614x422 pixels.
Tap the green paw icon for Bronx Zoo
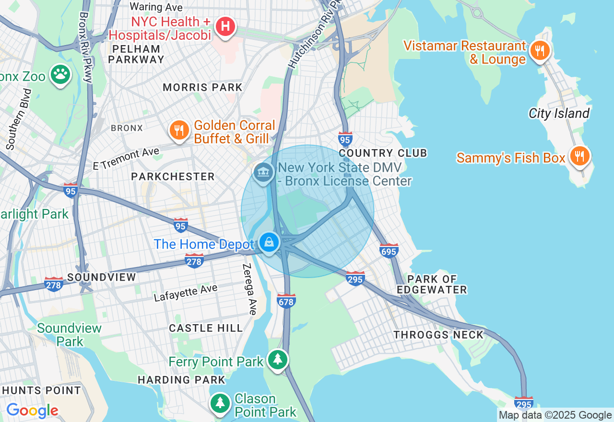(60, 74)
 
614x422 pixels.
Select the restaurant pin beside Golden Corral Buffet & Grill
(179, 130)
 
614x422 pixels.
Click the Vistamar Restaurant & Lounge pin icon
(540, 50)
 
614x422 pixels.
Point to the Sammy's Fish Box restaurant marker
(579, 156)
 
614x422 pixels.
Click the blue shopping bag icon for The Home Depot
(269, 243)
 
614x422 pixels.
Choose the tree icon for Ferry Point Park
(277, 359)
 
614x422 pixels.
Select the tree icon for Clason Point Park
(220, 403)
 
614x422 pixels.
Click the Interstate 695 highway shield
(389, 250)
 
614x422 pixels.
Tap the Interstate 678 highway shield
(286, 301)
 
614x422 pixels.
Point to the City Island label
(559, 114)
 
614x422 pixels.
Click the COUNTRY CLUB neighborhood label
(383, 153)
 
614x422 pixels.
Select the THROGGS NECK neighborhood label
(438, 335)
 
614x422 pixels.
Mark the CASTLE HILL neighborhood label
(206, 328)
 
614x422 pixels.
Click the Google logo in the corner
(32, 411)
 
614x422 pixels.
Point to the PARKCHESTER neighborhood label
(173, 177)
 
